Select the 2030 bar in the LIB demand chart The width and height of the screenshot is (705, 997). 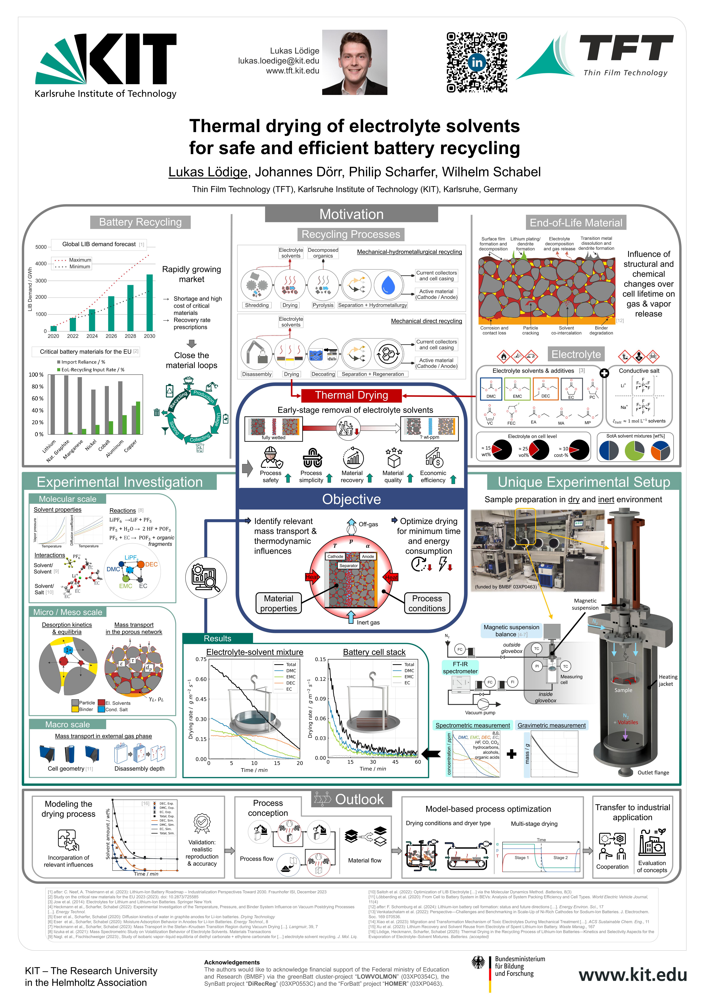click(149, 303)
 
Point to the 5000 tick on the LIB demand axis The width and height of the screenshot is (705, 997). click(41, 247)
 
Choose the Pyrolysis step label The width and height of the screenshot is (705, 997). click(323, 305)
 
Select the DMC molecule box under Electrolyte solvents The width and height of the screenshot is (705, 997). click(491, 389)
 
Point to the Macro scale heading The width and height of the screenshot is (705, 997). click(67, 724)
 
